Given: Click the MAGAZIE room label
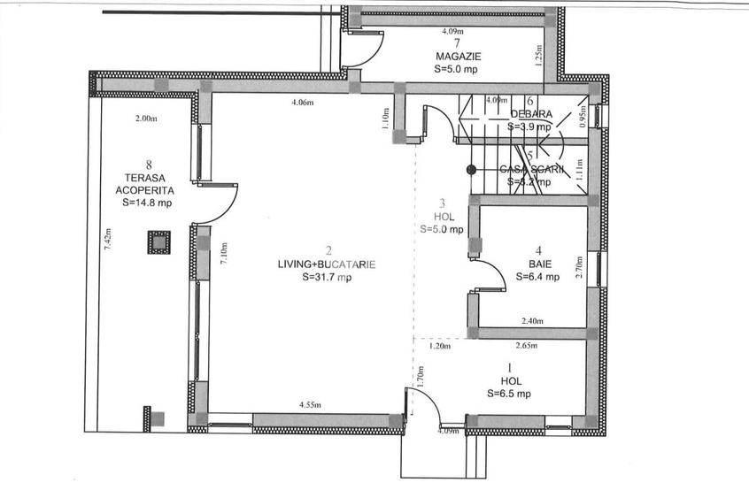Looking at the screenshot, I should tap(457, 55).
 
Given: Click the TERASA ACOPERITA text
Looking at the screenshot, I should tap(143, 183).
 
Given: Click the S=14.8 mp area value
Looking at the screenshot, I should tap(147, 202).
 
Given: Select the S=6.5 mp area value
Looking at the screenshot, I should tap(508, 394).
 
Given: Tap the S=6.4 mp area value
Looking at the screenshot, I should tap(537, 277).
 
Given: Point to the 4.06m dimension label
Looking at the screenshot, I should tap(303, 103).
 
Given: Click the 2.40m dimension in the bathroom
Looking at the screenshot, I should tap(532, 321).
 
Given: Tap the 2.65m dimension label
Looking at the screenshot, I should tap(527, 347).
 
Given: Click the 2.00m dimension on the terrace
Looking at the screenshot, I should tap(145, 119).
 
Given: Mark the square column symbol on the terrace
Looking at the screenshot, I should tap(158, 242).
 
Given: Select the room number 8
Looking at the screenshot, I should tap(149, 164).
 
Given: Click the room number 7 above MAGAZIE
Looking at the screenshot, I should tap(457, 42).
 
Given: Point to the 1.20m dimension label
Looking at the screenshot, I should tap(439, 347).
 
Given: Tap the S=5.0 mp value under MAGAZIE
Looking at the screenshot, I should tap(457, 67).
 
